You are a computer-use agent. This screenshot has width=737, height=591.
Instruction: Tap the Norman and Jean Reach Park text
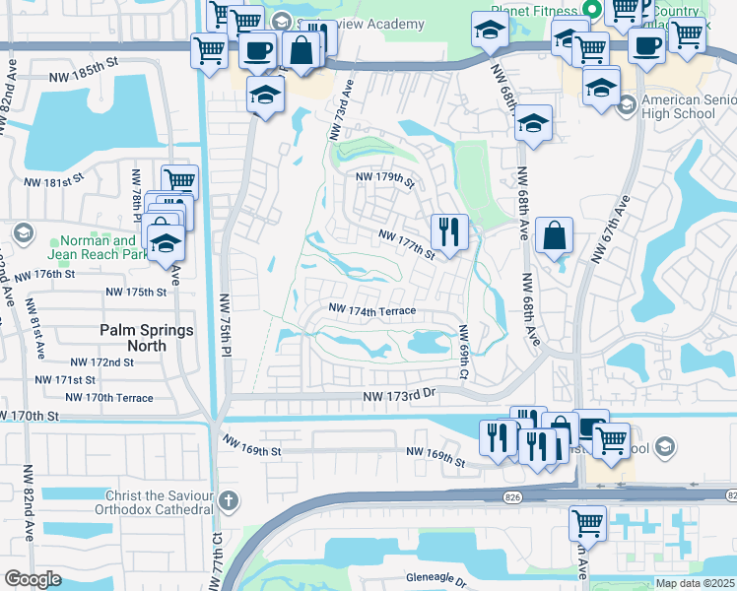click(x=98, y=248)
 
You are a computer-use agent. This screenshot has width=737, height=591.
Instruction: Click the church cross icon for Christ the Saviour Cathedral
click(x=229, y=499)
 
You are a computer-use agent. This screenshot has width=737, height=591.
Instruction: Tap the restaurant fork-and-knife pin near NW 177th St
click(x=449, y=232)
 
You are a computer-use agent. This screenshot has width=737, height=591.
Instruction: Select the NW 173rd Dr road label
click(x=397, y=395)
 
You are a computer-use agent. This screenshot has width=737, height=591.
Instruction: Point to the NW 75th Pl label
click(x=225, y=324)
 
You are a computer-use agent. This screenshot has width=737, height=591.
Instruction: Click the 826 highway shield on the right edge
click(x=730, y=494)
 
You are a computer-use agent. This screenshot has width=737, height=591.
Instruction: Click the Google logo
click(x=33, y=578)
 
